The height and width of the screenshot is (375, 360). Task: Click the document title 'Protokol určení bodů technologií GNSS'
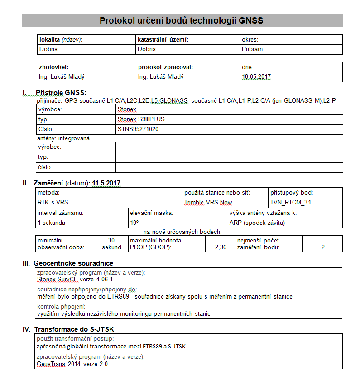point(181,20)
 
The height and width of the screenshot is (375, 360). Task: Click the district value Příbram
point(252,49)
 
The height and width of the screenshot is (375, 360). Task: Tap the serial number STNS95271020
point(138,129)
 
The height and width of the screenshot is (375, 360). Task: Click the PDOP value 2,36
point(220,247)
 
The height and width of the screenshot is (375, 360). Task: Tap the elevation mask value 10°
point(134,223)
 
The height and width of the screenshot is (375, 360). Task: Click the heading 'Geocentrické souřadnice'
point(73,263)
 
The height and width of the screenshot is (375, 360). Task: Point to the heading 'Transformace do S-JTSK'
point(77,329)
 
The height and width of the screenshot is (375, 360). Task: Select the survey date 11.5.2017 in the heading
point(106,183)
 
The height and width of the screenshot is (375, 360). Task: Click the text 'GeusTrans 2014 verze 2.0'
point(72,364)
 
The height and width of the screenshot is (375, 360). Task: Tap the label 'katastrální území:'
point(163,40)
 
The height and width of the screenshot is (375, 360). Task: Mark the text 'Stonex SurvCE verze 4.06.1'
point(75,280)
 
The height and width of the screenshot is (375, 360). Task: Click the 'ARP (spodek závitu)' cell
point(257,223)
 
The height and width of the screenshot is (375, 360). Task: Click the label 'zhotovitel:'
point(54,67)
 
